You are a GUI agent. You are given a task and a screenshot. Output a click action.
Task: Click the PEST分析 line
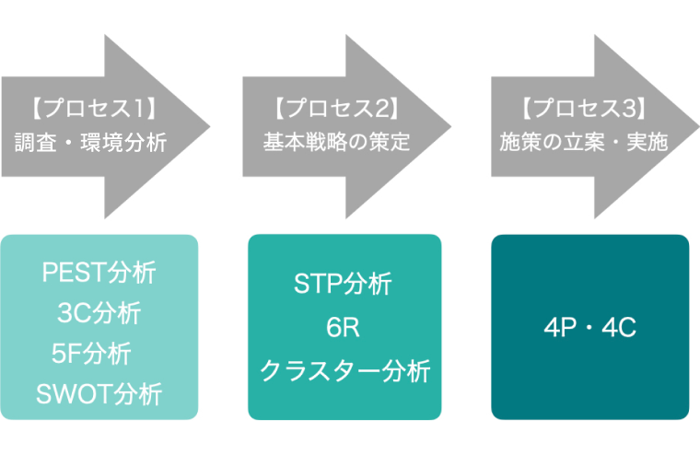(x=99, y=273)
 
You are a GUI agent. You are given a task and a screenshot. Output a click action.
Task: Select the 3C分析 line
(x=99, y=313)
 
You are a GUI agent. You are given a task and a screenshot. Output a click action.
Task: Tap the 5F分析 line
(x=91, y=354)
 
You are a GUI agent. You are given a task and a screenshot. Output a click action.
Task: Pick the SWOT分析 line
(x=99, y=394)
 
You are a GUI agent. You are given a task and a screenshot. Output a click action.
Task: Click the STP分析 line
(x=343, y=285)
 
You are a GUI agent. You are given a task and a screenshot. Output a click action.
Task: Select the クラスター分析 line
(x=344, y=369)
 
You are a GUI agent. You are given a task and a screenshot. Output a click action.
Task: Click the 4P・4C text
(x=589, y=328)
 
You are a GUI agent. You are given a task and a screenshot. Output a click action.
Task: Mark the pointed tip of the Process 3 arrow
(x=695, y=126)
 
